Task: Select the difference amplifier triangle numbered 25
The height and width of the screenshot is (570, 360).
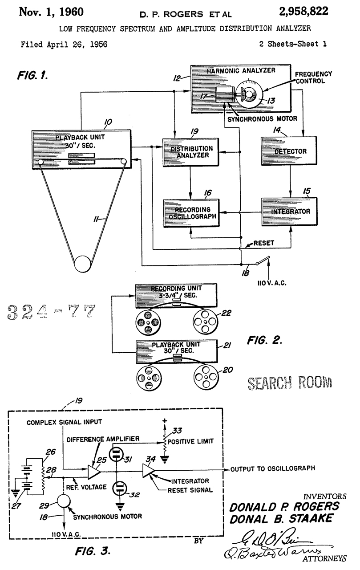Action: (93, 468)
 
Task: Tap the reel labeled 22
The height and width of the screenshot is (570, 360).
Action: (205, 322)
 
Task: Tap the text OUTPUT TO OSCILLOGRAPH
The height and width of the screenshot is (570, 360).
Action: (272, 468)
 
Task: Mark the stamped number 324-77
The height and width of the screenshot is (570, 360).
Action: (51, 312)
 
